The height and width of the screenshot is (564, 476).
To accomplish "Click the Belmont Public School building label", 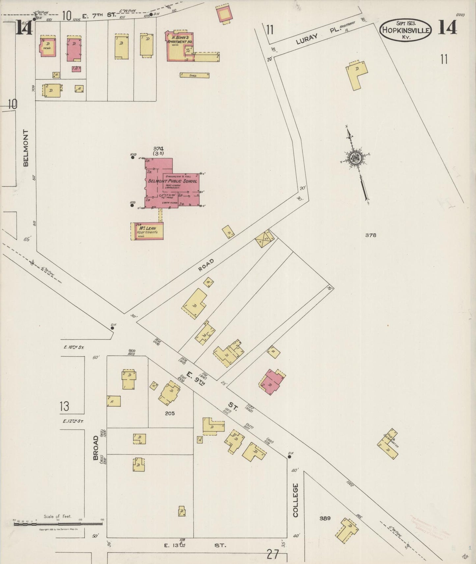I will (172, 181).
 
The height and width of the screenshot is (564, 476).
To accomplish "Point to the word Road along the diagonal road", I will (206, 265).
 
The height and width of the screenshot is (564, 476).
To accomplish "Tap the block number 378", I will (371, 235).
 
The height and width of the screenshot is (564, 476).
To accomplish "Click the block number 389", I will (324, 518).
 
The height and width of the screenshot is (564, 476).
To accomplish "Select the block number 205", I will (170, 413).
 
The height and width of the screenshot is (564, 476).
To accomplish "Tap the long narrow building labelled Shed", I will (194, 75).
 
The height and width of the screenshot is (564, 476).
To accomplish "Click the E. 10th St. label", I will (72, 347).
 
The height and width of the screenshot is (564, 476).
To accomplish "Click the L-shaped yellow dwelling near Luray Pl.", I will (357, 75).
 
